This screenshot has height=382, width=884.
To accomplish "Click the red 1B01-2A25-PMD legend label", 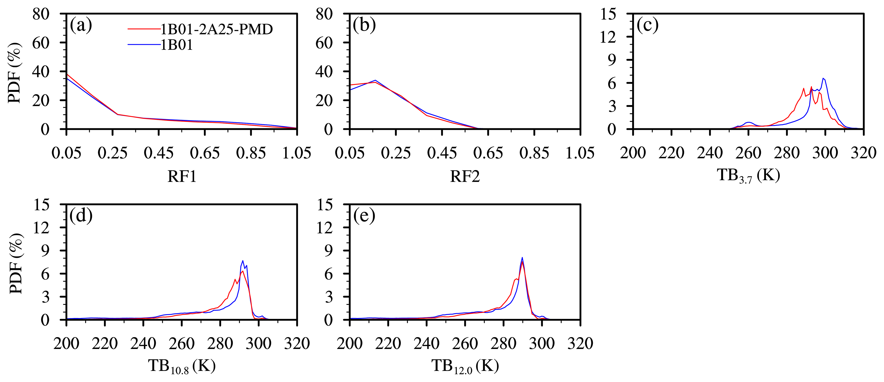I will [x=217, y=29].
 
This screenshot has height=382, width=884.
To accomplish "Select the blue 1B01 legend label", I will [x=177, y=45].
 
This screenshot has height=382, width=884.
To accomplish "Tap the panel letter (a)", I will [x=81, y=25].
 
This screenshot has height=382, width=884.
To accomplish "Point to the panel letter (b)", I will [x=364, y=25].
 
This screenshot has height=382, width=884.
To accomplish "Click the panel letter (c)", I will [x=648, y=25].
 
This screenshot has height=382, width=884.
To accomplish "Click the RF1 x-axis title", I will [x=182, y=176].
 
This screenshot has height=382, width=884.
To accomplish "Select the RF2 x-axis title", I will [x=465, y=176].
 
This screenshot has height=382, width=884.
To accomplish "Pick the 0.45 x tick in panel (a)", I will [x=159, y=153].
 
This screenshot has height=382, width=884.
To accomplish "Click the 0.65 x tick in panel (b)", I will [x=488, y=153].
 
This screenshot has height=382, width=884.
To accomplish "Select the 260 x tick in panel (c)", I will [x=749, y=153].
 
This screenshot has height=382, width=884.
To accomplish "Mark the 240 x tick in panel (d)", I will [x=143, y=343].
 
